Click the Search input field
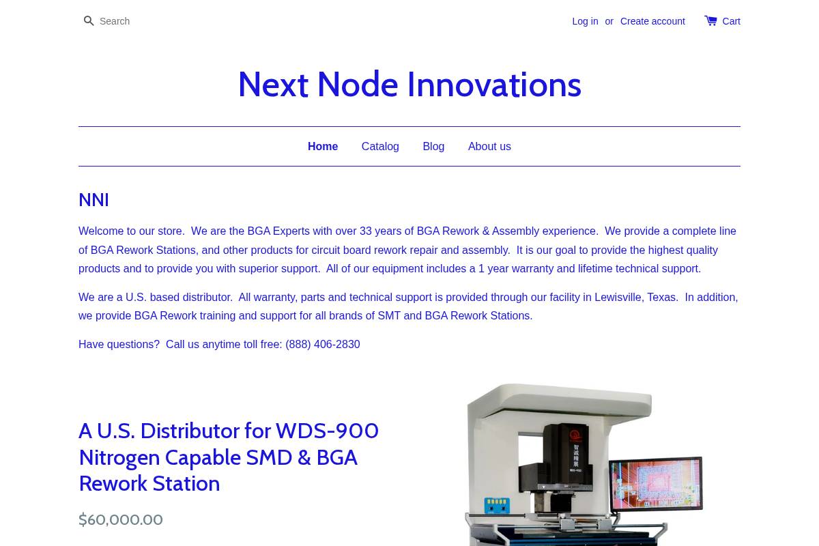pyautogui.click(x=136, y=21)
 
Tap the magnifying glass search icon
pyautogui.click(x=89, y=21)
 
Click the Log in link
pyautogui.click(x=585, y=21)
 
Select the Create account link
pyautogui.click(x=652, y=21)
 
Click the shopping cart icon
pyautogui.click(x=710, y=20)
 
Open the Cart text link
pyautogui.click(x=731, y=21)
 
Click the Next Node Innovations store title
pyautogui.click(x=409, y=85)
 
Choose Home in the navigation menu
pyautogui.click(x=323, y=147)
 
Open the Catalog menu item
pyautogui.click(x=380, y=147)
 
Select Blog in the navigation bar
pyautogui.click(x=433, y=147)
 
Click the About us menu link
pyautogui.click(x=489, y=147)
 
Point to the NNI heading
pyautogui.click(x=94, y=200)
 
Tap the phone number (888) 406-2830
pyautogui.click(x=323, y=345)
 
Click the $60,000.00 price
pyautogui.click(x=121, y=520)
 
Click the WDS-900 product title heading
pyautogui.click(x=229, y=457)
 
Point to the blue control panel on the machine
pyautogui.click(x=496, y=506)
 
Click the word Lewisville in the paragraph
pyautogui.click(x=618, y=298)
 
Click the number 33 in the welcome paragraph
pyautogui.click(x=366, y=231)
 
